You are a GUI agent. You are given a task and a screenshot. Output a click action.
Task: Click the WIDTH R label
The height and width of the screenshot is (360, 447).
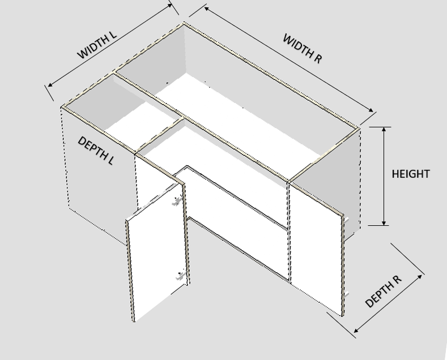click(303, 49)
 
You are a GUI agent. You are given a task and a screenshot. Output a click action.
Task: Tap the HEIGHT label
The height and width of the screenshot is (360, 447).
click(411, 174)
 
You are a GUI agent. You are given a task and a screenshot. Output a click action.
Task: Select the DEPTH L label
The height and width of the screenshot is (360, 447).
click(96, 151)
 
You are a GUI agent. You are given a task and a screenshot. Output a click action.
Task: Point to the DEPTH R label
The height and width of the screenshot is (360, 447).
click(383, 292)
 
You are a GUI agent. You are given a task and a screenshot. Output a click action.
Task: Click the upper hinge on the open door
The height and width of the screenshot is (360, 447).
click(177, 201)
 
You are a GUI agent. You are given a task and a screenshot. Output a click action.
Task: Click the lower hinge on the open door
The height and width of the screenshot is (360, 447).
click(181, 276)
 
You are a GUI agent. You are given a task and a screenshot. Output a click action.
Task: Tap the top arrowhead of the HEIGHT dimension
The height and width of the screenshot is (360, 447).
click(384, 130)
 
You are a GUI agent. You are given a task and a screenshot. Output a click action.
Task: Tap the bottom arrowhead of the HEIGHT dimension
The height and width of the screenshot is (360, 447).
click(384, 222)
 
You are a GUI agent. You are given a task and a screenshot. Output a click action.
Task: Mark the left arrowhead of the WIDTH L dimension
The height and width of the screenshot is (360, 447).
click(50, 84)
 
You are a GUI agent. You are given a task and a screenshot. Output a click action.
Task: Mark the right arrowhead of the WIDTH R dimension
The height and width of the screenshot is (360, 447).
click(371, 110)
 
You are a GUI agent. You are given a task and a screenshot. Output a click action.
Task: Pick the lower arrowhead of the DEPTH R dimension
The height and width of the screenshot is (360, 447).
click(356, 331)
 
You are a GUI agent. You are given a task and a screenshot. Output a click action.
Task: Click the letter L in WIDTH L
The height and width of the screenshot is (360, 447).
click(113, 35)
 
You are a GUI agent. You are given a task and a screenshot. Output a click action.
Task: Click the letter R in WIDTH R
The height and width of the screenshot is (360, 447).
click(318, 58)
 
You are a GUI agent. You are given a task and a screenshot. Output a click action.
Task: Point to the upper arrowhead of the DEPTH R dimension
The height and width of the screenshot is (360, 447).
click(420, 276)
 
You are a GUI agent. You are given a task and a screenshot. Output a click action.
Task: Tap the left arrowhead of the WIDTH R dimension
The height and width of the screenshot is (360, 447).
click(207, 9)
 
